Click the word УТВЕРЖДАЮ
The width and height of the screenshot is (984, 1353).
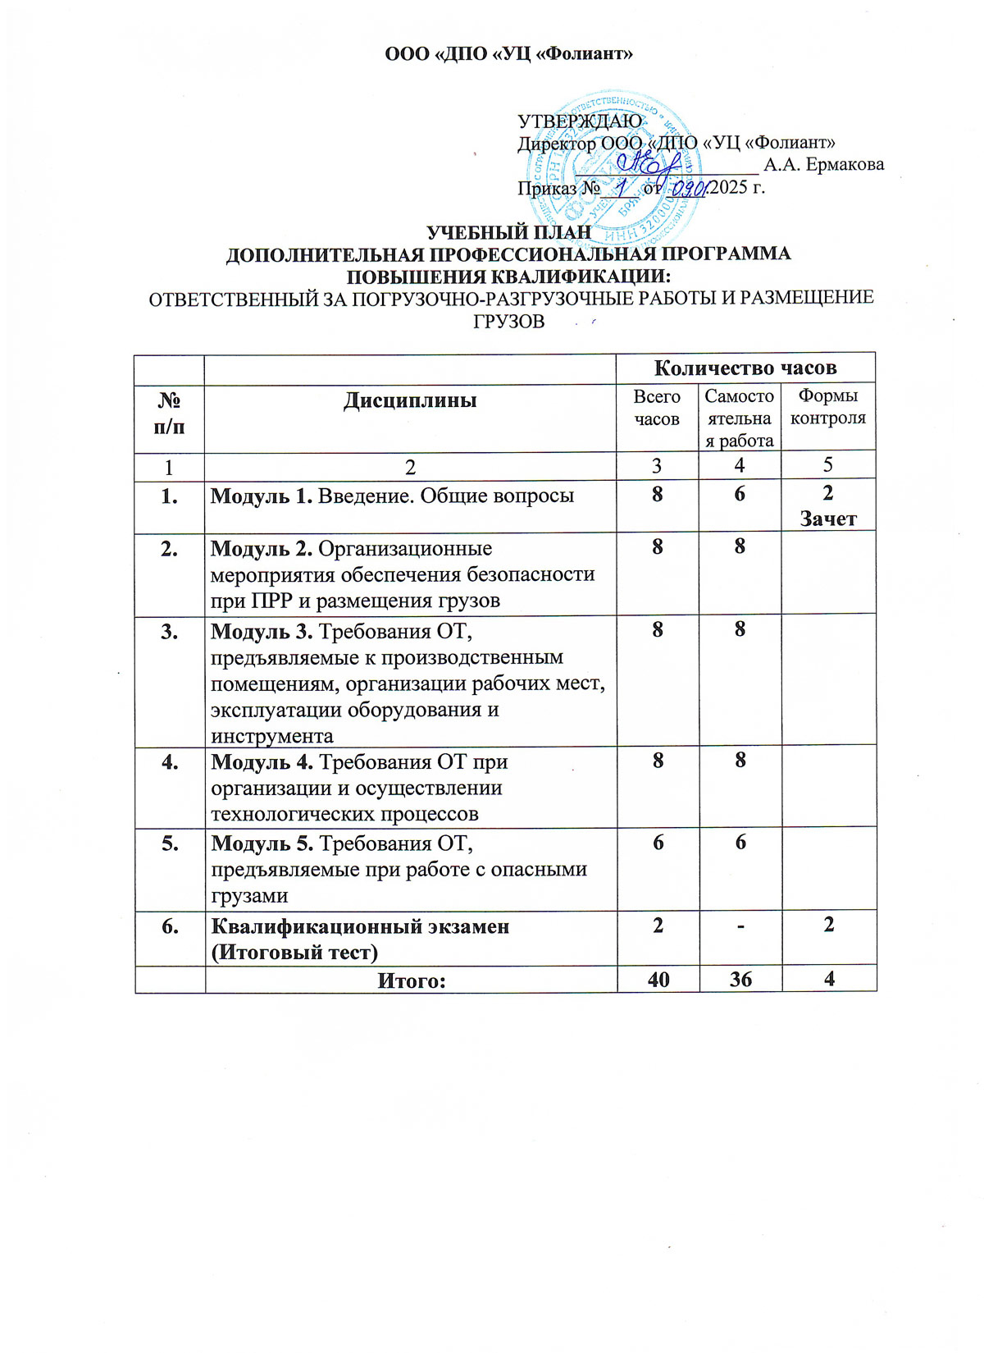[x=580, y=121]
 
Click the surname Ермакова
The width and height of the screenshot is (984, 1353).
[x=845, y=164]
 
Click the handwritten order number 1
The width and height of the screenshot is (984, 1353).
[x=622, y=188]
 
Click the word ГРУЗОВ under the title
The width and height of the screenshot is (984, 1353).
[x=508, y=321]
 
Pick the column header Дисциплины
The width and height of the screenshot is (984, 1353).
[x=410, y=400]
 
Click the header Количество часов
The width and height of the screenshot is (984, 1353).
[x=745, y=367]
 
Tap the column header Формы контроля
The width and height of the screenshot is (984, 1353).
[x=827, y=407]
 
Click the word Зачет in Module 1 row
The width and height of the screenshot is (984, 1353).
[x=828, y=519]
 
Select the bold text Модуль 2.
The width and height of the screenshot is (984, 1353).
[x=262, y=548]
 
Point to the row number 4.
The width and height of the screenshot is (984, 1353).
[x=170, y=761]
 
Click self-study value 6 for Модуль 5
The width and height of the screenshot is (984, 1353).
[x=740, y=843]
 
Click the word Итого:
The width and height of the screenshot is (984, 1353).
[x=411, y=980]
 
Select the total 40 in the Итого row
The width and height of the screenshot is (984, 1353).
[x=658, y=979]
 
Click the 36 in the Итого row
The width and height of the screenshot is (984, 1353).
[x=740, y=979]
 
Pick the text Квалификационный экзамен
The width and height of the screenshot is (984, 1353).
[x=361, y=926]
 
